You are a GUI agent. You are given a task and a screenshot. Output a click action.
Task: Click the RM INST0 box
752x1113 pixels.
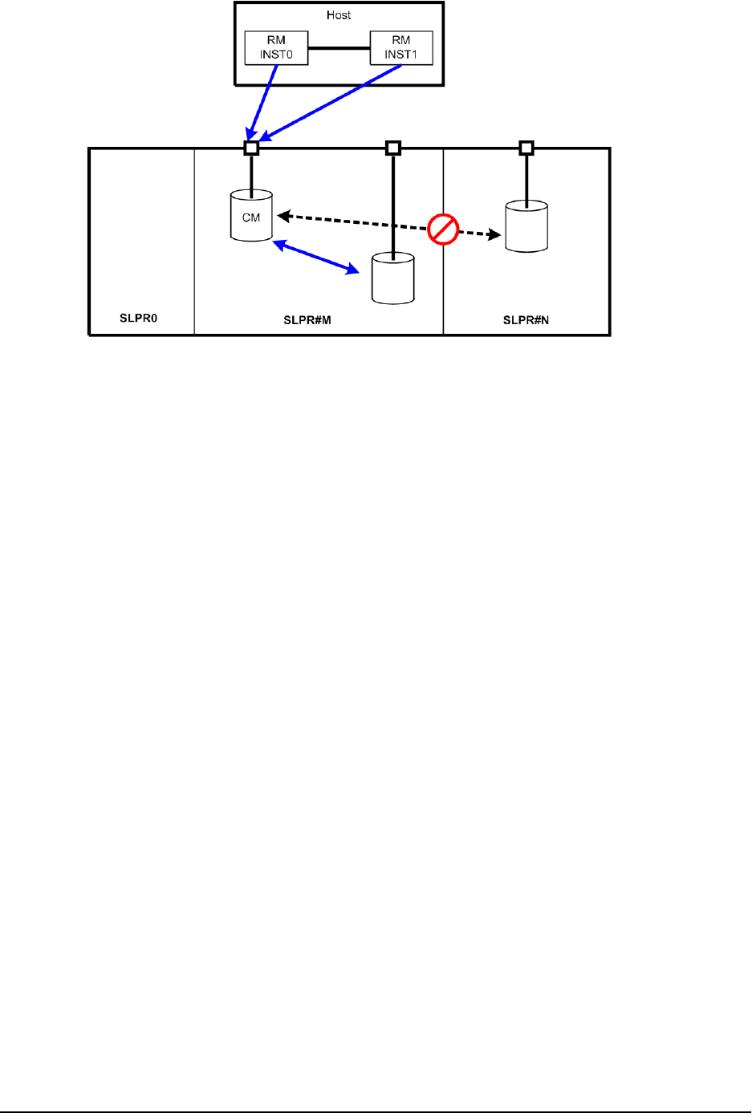tap(276, 48)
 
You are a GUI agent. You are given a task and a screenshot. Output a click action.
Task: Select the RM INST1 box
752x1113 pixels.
tap(400, 48)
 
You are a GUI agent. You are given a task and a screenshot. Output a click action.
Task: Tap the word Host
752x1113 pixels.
tap(339, 15)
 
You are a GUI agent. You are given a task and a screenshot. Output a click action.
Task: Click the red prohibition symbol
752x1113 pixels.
tap(442, 230)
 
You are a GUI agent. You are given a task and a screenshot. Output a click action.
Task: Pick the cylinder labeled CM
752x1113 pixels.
tap(251, 216)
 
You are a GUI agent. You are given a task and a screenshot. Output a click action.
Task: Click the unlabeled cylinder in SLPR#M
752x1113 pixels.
tap(393, 279)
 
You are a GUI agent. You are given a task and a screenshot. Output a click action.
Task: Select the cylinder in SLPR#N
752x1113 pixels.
tap(526, 227)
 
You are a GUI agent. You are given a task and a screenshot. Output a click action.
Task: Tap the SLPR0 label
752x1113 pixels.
tap(139, 319)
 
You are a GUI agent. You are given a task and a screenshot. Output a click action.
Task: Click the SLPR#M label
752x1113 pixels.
tap(307, 320)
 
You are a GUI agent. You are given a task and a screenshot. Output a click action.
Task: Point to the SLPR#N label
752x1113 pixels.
tap(526, 320)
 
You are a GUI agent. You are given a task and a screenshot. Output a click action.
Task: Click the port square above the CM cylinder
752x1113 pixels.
tap(251, 148)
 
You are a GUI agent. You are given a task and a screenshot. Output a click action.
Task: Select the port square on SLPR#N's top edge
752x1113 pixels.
tap(526, 148)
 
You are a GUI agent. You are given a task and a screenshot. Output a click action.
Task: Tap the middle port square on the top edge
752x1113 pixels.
tap(392, 148)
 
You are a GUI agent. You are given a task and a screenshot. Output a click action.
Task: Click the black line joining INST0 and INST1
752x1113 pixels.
tap(339, 48)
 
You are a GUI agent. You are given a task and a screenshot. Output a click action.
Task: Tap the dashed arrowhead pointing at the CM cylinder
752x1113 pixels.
tap(283, 215)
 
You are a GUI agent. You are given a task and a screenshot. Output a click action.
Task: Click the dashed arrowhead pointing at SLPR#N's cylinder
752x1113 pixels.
tap(494, 235)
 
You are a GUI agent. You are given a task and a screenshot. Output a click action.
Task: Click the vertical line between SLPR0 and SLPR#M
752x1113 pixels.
tap(194, 241)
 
